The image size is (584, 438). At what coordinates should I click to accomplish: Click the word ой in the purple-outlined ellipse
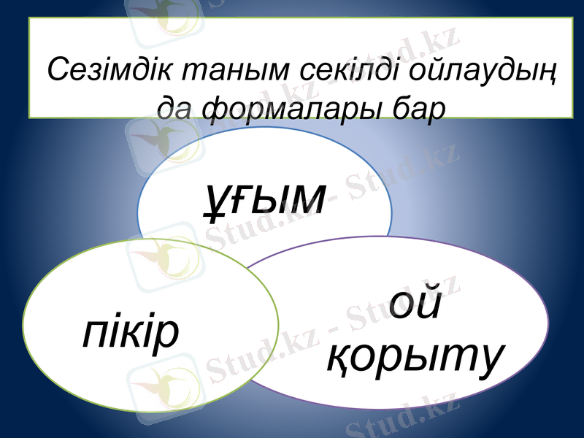coord(415,305)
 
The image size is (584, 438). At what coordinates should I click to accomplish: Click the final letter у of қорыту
coord(488,358)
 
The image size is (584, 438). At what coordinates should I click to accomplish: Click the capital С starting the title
coord(57,71)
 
